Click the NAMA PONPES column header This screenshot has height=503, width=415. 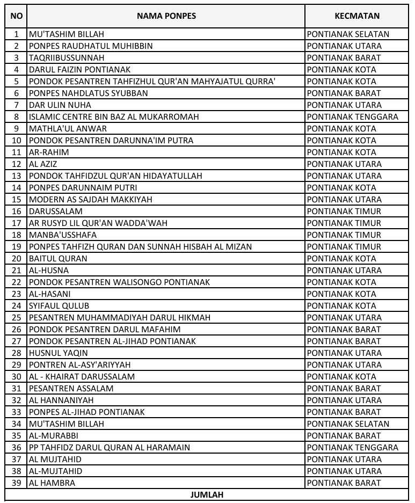[166, 16]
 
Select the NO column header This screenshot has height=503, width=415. [16, 16]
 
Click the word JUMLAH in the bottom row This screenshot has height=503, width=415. [207, 494]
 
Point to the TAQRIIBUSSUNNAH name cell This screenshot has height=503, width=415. [67, 58]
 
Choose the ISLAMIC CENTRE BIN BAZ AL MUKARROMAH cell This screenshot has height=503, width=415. [114, 117]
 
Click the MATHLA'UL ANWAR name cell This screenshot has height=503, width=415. [68, 129]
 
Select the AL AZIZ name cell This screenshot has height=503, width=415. [43, 164]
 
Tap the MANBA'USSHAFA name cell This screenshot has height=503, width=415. [63, 235]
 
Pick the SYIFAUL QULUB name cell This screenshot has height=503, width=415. [59, 306]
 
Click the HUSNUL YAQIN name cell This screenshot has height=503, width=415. [59, 353]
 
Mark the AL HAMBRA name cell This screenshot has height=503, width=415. [52, 483]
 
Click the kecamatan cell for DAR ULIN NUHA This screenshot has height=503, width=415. [344, 105]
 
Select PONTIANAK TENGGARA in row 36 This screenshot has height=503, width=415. [352, 448]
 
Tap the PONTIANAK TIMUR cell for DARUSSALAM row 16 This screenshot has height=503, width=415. [344, 212]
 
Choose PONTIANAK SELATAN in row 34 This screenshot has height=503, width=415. [348, 424]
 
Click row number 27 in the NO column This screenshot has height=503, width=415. [16, 341]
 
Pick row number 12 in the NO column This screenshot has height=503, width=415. [16, 164]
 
